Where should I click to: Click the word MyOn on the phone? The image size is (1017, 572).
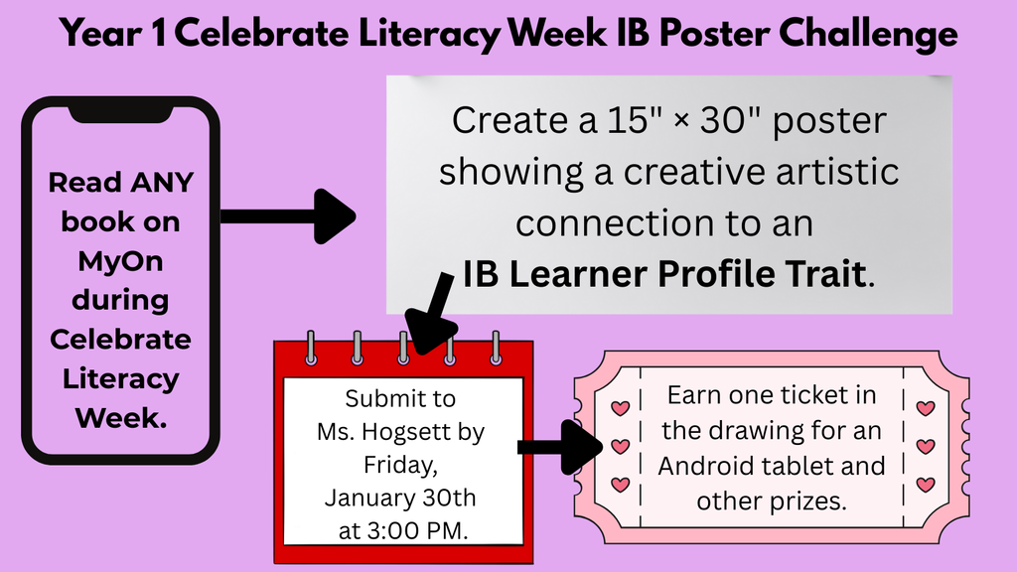tap(120, 260)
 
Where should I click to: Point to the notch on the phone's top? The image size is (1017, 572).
tap(120, 112)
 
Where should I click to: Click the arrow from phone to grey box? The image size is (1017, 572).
tap(287, 215)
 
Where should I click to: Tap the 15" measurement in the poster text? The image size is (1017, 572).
tap(618, 121)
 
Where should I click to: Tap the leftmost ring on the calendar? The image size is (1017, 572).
tap(311, 348)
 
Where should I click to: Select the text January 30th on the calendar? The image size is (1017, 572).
tap(400, 497)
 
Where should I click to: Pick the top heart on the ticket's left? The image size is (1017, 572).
tap(620, 408)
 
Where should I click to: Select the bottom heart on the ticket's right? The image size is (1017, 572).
tap(925, 485)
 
